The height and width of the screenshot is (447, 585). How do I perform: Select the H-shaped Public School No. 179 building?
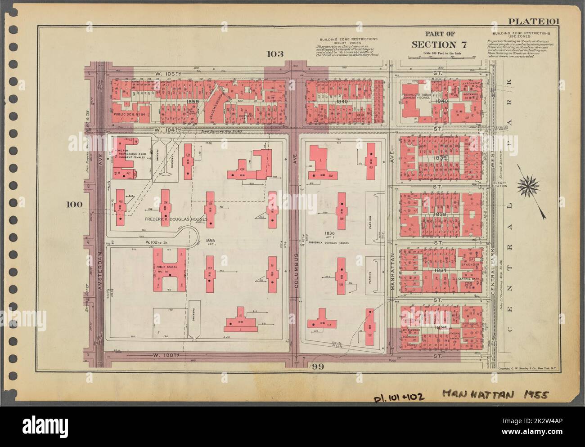[170, 269]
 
